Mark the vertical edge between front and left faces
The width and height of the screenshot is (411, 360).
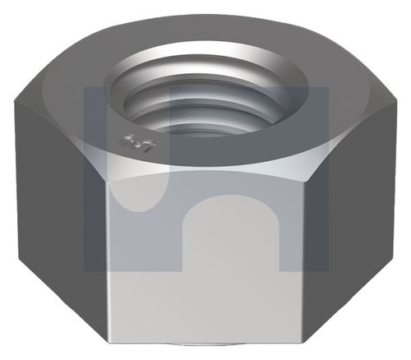pos(107,247)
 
